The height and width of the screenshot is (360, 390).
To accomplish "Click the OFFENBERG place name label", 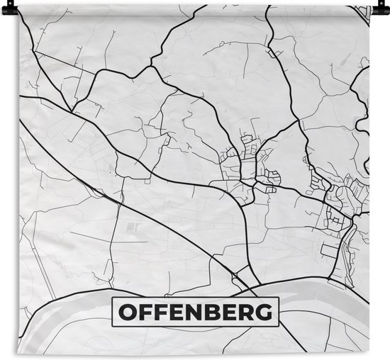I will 196,311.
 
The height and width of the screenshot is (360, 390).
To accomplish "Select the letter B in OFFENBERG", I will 216,311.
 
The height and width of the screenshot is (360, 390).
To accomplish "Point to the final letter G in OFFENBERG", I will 264,311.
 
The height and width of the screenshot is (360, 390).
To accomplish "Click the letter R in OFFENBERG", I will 247,311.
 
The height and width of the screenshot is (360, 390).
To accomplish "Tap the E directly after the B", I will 232,311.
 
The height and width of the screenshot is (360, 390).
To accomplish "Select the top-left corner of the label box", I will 112,298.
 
